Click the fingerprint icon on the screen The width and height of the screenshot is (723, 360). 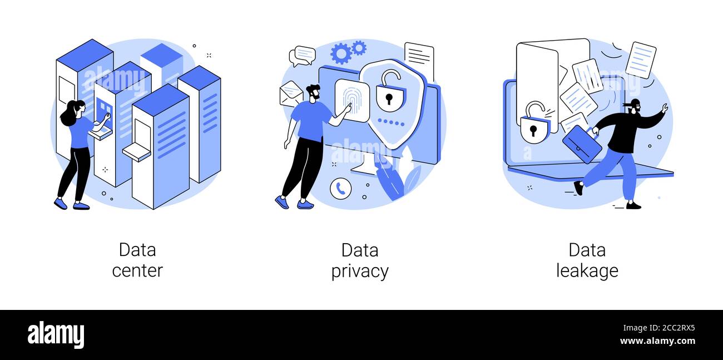pyautogui.click(x=351, y=100)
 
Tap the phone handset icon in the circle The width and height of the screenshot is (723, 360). pyautogui.click(x=341, y=189)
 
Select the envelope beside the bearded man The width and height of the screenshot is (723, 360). pyautogui.click(x=291, y=94)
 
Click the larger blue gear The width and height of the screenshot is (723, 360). pyautogui.click(x=340, y=54)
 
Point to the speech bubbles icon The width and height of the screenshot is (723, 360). pyautogui.click(x=303, y=56)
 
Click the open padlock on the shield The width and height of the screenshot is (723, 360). pyautogui.click(x=389, y=91)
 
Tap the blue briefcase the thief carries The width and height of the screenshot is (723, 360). pyautogui.click(x=582, y=144)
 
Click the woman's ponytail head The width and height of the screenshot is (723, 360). pyautogui.click(x=73, y=112)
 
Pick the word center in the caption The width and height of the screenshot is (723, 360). pyautogui.click(x=137, y=270)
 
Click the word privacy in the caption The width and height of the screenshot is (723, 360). pyautogui.click(x=360, y=271)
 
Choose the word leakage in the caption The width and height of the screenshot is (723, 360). pyautogui.click(x=587, y=270)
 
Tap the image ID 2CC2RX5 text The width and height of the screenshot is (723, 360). pyautogui.click(x=659, y=328)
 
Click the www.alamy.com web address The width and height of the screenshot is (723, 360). pyautogui.click(x=657, y=341)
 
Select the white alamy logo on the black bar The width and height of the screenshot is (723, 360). pyautogui.click(x=56, y=334)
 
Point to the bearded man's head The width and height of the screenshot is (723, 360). pyautogui.click(x=313, y=93)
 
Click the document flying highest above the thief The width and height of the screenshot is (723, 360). pyautogui.click(x=641, y=60)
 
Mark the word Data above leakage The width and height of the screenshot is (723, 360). pyautogui.click(x=587, y=250)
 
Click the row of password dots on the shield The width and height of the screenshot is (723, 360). pyautogui.click(x=391, y=122)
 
